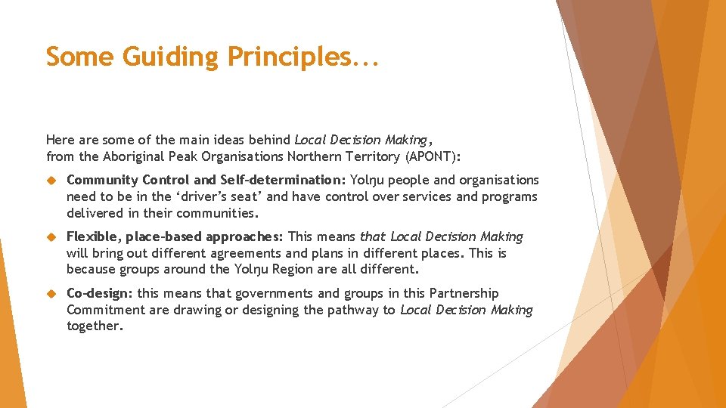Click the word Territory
click(x=375, y=156)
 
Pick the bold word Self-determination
click(x=283, y=180)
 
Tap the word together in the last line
click(x=94, y=326)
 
